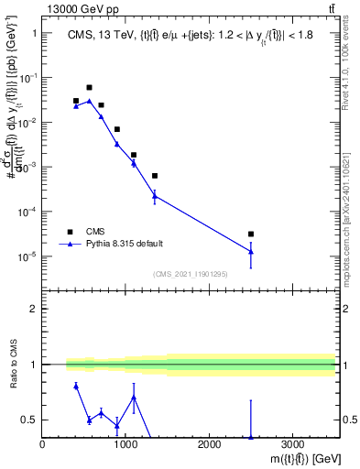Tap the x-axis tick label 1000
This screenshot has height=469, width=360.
coord(125,445)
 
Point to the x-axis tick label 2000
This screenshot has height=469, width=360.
coord(209,445)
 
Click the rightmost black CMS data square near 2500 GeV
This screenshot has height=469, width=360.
coord(251,234)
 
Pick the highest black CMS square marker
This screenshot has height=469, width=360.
coord(89,87)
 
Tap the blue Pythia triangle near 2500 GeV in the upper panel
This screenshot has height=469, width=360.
coord(251,251)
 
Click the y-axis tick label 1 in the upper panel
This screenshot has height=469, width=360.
coord(34,33)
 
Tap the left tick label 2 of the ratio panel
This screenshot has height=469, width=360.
coord(34,309)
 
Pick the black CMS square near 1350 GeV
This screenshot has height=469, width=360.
coord(155,175)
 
